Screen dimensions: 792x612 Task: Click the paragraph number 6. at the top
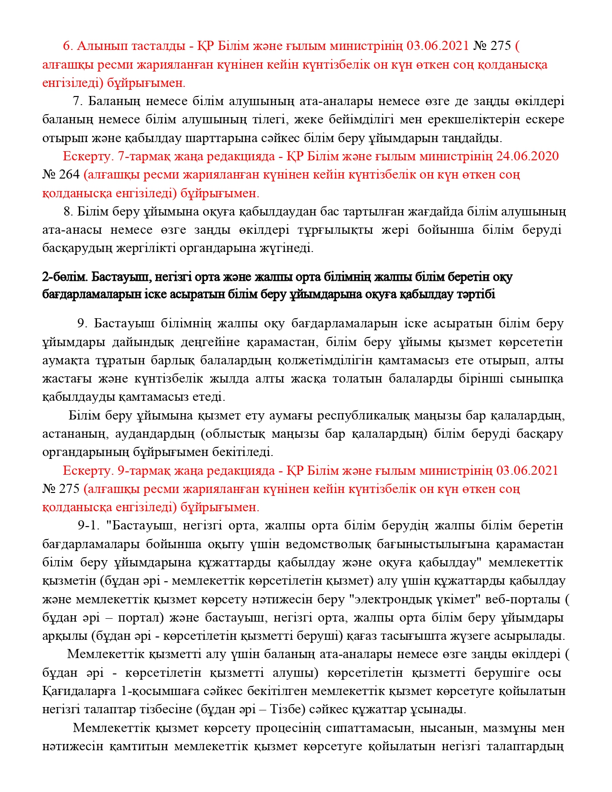[68, 46]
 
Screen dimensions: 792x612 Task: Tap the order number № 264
[61, 175]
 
